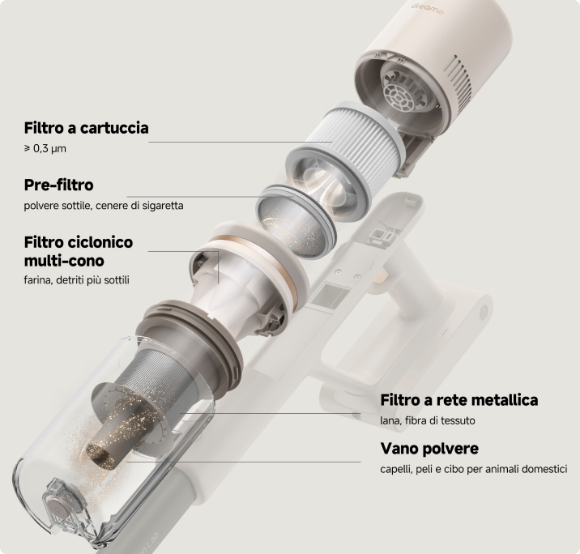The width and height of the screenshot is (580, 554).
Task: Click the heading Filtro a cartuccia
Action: [x=86, y=128]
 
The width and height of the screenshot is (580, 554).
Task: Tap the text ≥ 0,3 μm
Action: [x=45, y=149]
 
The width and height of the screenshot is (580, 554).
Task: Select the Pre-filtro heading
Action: [x=59, y=185]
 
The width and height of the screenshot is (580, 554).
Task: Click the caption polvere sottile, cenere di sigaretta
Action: [x=104, y=206]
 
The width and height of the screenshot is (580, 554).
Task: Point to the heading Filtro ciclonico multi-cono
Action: [x=79, y=251]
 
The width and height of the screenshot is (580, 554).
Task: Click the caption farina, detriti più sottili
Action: [x=77, y=280]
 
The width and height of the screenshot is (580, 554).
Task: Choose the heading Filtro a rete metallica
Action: [x=459, y=400]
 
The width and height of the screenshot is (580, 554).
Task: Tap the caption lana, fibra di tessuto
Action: [x=428, y=420]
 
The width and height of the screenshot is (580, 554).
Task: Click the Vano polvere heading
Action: [x=429, y=449]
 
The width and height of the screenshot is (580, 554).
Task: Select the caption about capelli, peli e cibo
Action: [x=474, y=469]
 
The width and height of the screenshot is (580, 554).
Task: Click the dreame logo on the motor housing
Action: [x=428, y=9]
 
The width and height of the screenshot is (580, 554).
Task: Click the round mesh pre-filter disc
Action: [x=296, y=221]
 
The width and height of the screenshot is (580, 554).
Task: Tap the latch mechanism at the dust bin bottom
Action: [x=64, y=507]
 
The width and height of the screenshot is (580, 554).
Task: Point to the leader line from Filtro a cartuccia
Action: [x=241, y=142]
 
